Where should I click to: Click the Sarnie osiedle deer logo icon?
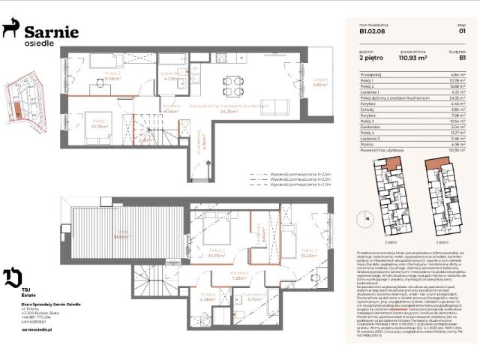point(11,30)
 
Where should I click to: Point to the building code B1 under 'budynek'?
point(463,56)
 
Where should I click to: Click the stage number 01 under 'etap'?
point(463,31)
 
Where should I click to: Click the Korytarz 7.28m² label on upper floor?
point(239,274)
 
